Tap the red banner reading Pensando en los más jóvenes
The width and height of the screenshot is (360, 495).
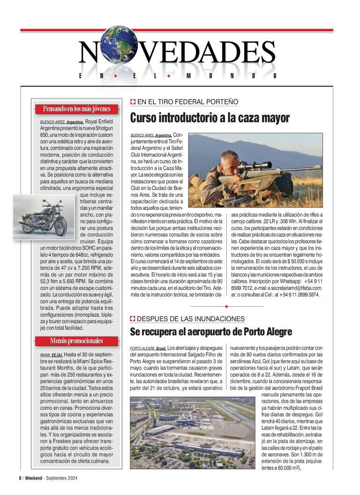tap(76, 109)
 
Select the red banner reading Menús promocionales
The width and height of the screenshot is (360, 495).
tap(76, 340)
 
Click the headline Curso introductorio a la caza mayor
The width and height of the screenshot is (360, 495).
tap(210, 118)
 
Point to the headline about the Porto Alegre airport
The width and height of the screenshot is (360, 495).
tap(211, 332)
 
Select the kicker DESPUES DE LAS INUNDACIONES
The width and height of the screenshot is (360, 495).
tap(191, 319)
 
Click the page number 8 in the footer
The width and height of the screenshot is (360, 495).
tap(20, 478)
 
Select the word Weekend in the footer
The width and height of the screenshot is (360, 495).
tap(33, 478)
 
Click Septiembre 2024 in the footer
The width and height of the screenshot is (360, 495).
tap(60, 478)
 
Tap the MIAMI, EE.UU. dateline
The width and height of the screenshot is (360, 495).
tap(51, 355)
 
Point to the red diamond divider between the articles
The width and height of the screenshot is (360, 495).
tap(226, 306)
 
